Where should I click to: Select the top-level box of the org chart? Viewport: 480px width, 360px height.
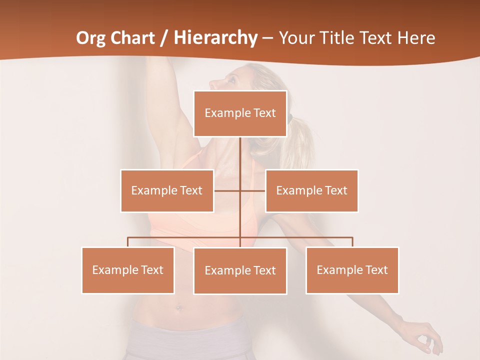(240, 113)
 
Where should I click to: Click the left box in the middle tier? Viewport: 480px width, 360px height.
(167, 190)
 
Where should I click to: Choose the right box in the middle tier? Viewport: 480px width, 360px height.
(311, 190)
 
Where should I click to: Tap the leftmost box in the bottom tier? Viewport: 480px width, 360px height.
(128, 270)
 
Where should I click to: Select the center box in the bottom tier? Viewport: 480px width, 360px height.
(240, 270)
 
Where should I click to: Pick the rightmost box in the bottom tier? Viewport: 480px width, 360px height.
(352, 270)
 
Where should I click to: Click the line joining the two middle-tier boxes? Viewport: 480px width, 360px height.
(252, 190)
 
